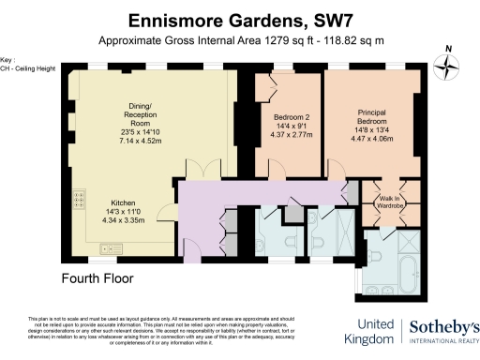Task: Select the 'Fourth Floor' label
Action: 97,278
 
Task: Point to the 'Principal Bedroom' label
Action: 372,116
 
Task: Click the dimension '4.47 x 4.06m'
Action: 372,139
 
